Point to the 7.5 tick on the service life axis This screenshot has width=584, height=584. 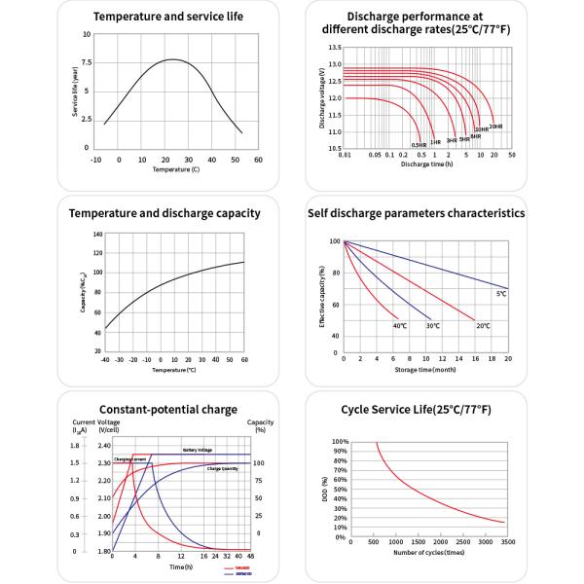(87, 62)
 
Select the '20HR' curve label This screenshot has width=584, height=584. (495, 128)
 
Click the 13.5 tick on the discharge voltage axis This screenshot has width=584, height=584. (334, 47)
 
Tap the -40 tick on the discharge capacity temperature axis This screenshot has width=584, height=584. (104, 360)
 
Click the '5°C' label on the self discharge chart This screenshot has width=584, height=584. (501, 294)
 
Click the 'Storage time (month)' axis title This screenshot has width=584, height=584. (426, 370)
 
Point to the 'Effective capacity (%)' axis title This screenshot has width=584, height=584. (321, 295)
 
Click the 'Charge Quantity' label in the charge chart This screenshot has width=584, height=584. (223, 468)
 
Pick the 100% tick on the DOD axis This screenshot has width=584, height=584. (341, 441)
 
